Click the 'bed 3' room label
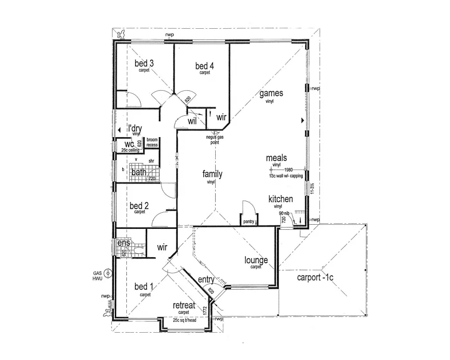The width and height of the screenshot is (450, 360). [x=144, y=63]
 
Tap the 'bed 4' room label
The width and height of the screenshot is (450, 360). [x=205, y=66]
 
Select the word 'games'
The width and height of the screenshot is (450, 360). [x=271, y=94]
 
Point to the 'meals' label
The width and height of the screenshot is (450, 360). [x=276, y=158]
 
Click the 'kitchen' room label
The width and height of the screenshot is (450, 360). [x=281, y=199]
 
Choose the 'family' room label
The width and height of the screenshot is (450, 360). [x=212, y=174]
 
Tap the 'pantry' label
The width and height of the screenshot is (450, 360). [x=249, y=222]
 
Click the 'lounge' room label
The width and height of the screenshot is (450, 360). [x=256, y=260]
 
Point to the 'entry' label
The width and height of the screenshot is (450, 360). [x=206, y=280]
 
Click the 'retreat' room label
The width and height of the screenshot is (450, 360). [x=184, y=306]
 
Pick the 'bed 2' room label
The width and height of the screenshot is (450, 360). [x=139, y=206]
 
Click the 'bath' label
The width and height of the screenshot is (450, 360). [x=139, y=173]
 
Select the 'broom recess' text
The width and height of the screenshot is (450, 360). [x=152, y=142]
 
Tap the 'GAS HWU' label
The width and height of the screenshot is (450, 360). [x=97, y=276]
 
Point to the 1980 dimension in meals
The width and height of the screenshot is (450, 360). [x=289, y=170]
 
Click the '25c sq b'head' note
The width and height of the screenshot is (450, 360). [x=185, y=320]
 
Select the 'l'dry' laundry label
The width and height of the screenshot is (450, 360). [x=135, y=129]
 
